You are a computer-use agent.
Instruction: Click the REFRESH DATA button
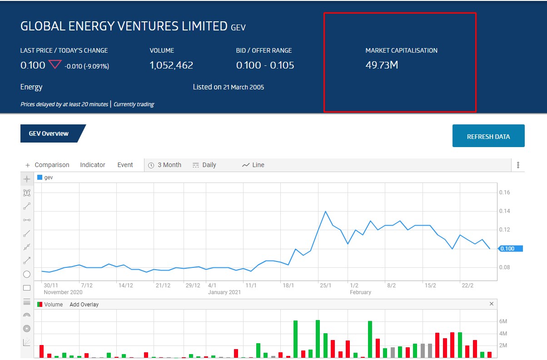pyautogui.click(x=488, y=136)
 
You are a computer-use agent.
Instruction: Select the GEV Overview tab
pyautogui.click(x=49, y=133)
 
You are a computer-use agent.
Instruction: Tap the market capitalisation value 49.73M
pyautogui.click(x=382, y=65)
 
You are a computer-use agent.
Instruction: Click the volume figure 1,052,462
pyautogui.click(x=171, y=65)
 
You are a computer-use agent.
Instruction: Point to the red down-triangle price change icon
pyautogui.click(x=55, y=65)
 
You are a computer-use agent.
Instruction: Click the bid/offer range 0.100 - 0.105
pyautogui.click(x=265, y=65)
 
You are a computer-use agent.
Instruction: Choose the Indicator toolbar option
pyautogui.click(x=93, y=165)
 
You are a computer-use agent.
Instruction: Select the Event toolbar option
pyautogui.click(x=125, y=165)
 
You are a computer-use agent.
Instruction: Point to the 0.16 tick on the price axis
pyautogui.click(x=504, y=192)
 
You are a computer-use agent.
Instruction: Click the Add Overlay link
pyautogui.click(x=84, y=305)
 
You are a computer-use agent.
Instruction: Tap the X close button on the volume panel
pyautogui.click(x=491, y=304)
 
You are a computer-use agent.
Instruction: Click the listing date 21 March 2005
pyautogui.click(x=244, y=87)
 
